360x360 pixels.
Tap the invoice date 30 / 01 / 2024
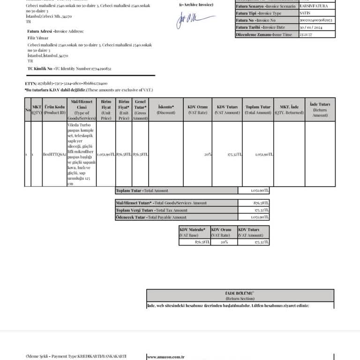coord(311,27)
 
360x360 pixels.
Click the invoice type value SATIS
coord(305,13)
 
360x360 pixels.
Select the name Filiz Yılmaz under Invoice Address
coord(38,37)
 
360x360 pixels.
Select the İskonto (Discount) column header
coord(166,110)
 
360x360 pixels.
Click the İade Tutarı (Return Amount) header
coord(320,110)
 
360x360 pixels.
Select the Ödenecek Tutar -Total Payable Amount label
coord(145,217)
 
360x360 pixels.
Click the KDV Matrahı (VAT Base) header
coord(194,232)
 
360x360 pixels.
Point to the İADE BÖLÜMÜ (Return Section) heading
coord(240,295)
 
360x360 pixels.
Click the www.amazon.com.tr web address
coord(166,357)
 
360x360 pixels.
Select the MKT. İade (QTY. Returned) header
coord(289,110)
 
